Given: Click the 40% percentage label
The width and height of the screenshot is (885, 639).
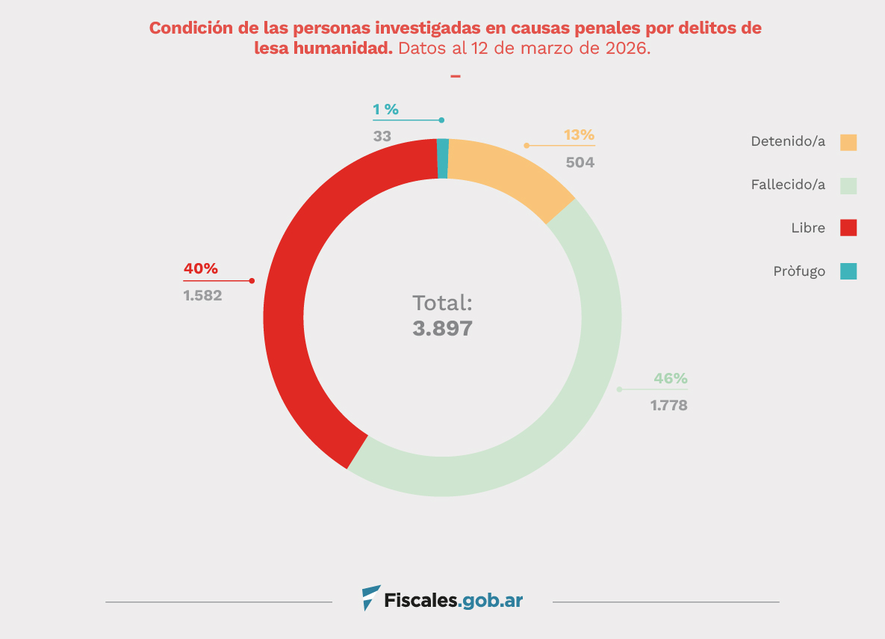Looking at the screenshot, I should tap(201, 269).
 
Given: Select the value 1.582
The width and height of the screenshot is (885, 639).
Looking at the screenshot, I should tap(202, 295).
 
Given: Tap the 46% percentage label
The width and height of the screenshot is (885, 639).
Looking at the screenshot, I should tap(671, 378).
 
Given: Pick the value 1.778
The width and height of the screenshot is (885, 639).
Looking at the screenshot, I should tap(668, 406).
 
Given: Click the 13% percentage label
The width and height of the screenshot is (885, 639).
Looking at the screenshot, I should tap(579, 135).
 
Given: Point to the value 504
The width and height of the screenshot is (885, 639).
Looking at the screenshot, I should tap(580, 161).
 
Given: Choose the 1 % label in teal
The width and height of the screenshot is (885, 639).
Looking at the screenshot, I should tap(385, 109).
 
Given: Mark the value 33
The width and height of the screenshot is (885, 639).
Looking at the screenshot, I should tap(382, 136).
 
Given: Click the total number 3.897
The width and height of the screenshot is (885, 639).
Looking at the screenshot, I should tap(442, 329).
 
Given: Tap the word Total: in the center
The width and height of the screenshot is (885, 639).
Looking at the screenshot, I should tap(442, 303).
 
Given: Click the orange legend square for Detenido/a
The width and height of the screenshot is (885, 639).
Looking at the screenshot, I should tap(848, 142).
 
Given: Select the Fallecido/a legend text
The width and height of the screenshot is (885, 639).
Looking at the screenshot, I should tap(788, 185).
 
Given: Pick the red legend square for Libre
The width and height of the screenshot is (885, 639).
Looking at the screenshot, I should tap(848, 228).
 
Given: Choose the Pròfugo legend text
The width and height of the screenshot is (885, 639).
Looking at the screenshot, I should tap(799, 271).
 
